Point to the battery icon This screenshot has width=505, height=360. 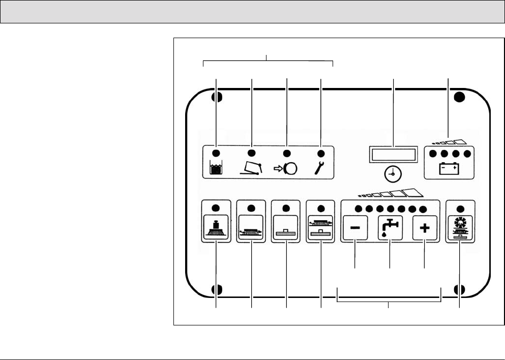pos(450,168)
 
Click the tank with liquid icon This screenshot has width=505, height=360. pos(216,168)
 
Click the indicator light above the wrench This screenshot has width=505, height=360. pos(320,154)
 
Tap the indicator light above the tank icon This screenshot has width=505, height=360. pos(215,154)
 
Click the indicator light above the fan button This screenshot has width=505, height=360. pos(460,208)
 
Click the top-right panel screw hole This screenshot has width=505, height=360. pos(459,97)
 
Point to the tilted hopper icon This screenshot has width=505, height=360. pos(251,168)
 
